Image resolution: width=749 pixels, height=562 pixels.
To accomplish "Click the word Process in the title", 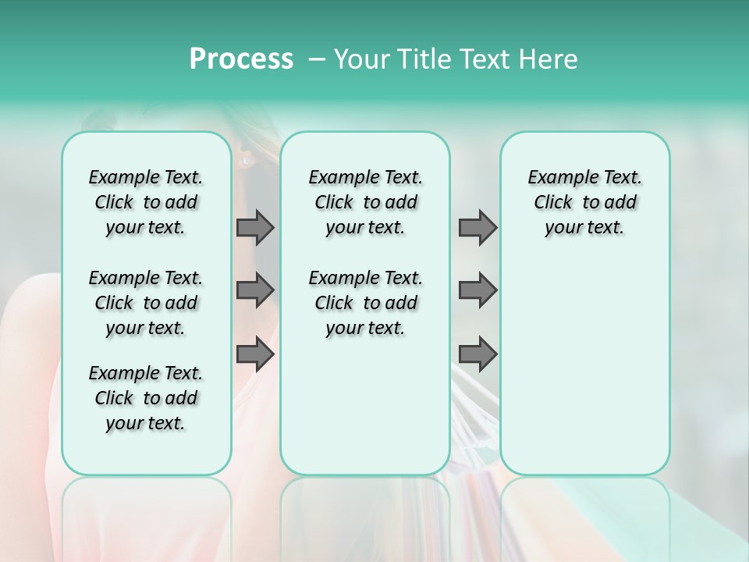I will click(241, 59).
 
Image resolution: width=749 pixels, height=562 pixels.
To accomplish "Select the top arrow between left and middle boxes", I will click(255, 227).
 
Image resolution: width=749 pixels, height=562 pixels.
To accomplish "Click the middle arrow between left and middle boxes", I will click(255, 290).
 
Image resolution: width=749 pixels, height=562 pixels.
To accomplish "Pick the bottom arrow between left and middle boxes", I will click(255, 354).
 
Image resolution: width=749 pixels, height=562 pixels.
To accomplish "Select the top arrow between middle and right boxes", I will click(477, 227).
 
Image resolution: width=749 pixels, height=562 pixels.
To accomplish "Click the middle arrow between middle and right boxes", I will click(477, 290).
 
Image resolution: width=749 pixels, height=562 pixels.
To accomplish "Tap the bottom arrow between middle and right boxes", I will click(477, 354).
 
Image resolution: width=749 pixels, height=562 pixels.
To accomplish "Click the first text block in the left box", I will click(146, 202).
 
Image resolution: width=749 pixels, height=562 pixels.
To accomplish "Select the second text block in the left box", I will click(146, 303).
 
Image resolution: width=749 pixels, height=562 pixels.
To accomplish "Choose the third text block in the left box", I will click(146, 398).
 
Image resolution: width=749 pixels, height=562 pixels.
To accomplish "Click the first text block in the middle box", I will click(365, 202).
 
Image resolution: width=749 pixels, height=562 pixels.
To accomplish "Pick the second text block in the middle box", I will click(365, 303).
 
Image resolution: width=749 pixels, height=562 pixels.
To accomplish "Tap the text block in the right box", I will click(584, 202).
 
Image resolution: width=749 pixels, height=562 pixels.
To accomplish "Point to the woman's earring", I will click(247, 161).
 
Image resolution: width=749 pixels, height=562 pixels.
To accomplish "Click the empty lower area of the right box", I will click(584, 367).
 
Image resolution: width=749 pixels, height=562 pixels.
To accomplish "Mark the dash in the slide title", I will click(317, 59).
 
